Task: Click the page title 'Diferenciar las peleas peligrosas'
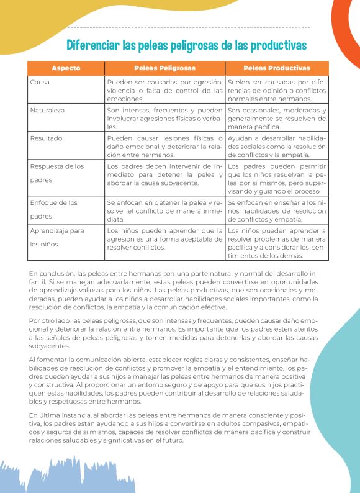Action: [186, 45]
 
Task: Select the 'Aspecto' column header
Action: [66, 68]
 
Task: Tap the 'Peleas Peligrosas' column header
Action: [164, 68]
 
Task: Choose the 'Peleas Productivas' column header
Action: [276, 68]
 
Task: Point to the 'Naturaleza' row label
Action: [47, 110]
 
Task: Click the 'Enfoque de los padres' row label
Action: [53, 209]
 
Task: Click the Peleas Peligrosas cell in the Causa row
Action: [164, 90]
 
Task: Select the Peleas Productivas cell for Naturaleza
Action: [276, 118]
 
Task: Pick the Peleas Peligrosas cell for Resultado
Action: [164, 146]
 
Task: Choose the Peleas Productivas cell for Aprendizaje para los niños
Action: [276, 243]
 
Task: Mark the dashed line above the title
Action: [186, 28]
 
